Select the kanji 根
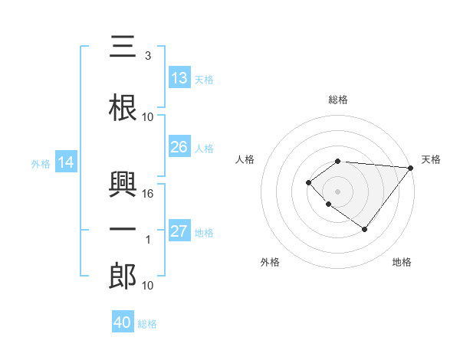pos(123,109)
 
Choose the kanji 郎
pos(123,277)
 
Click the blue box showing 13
pos(179,78)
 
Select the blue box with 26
pos(179,147)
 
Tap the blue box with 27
pos(179,231)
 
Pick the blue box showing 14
pos(65,162)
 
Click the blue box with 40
pos(123,322)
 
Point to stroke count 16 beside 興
pos(148,193)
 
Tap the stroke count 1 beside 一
pos(148,240)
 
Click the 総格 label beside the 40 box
pos(147,324)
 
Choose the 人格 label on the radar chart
pos(245,159)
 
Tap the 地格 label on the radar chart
pos(402,263)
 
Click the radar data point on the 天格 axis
pos(411,168)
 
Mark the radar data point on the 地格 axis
pos(365,229)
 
